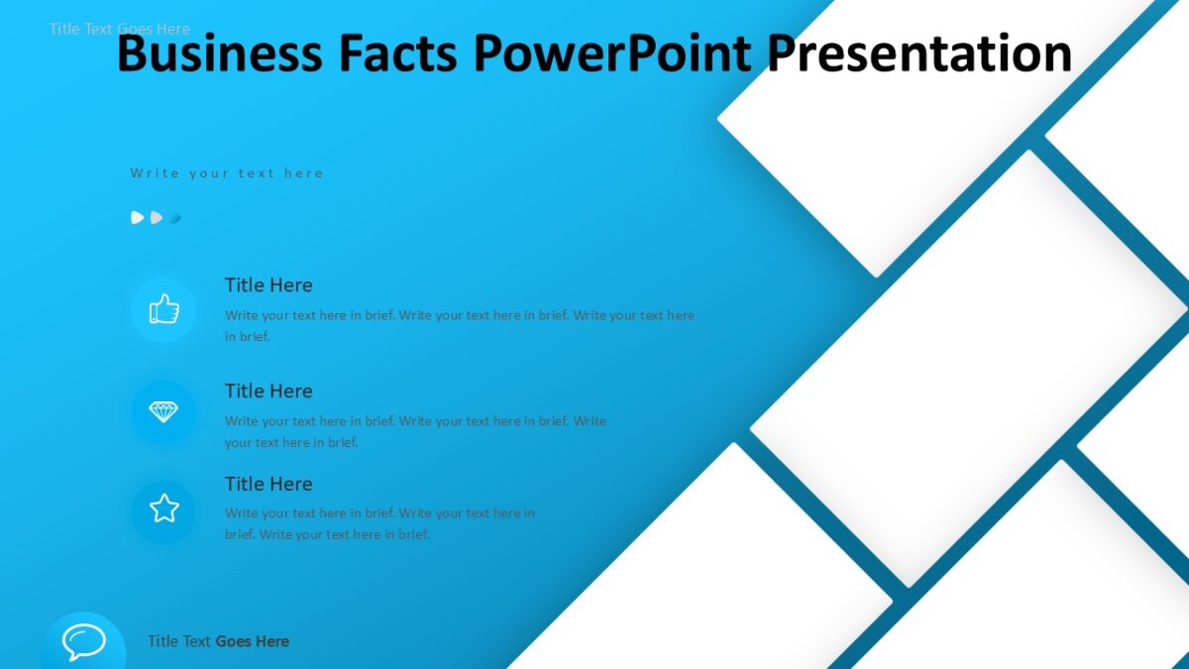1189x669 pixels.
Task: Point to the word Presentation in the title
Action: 920,54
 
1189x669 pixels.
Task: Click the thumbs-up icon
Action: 163,310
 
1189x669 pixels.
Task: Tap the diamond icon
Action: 163,412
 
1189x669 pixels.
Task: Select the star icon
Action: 163,509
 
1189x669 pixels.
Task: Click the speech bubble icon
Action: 83,642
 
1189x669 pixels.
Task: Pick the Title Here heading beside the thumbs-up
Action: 269,285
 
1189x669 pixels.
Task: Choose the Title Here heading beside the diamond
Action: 269,391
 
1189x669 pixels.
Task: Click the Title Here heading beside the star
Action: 269,485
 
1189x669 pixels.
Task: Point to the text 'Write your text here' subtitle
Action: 227,173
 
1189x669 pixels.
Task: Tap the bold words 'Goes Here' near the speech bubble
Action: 252,641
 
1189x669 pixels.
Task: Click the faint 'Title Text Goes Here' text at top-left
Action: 119,29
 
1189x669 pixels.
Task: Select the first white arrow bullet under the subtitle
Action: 138,218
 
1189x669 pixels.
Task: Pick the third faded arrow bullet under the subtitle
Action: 175,218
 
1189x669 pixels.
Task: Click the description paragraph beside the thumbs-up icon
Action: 459,325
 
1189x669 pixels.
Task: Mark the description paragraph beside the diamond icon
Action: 415,431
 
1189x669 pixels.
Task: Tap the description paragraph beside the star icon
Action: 379,523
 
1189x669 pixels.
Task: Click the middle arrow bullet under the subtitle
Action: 157,218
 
